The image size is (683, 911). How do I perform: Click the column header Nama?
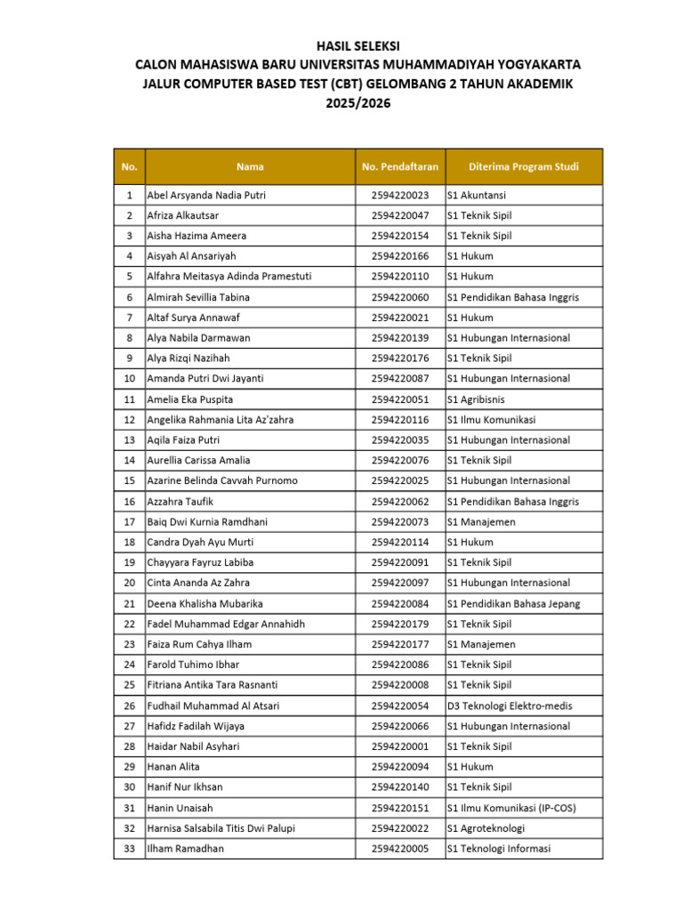coord(250,166)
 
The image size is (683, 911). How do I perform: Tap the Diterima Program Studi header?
coord(524,166)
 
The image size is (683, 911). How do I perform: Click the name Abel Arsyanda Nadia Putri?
coord(206,195)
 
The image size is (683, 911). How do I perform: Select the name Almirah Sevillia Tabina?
coord(198,297)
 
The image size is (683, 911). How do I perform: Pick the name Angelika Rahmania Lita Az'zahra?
coord(221,420)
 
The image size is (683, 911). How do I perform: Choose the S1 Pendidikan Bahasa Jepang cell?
coord(513,603)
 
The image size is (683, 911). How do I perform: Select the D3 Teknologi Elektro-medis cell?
coord(510,705)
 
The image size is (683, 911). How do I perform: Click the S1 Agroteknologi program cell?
coord(486,828)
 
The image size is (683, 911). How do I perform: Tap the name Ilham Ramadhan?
coord(186,849)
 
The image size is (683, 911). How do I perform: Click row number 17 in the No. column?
coord(130,521)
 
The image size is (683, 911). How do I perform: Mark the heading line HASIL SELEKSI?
coord(358,45)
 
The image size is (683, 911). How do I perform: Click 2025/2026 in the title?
coord(358,103)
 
